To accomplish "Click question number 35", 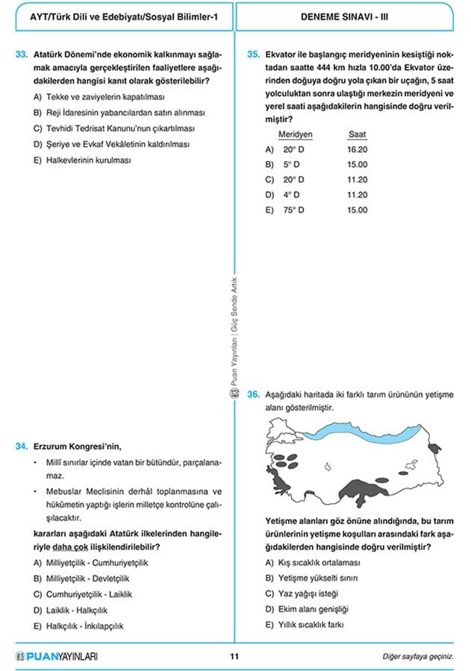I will click(253, 54).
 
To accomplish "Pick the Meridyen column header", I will click(295, 134).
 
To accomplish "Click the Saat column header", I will click(358, 134).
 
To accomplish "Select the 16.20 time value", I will click(358, 149).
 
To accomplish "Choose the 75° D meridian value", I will click(294, 210).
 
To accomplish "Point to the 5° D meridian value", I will click(292, 165).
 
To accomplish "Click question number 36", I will click(253, 394).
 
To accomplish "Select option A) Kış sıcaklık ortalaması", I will click(317, 563).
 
